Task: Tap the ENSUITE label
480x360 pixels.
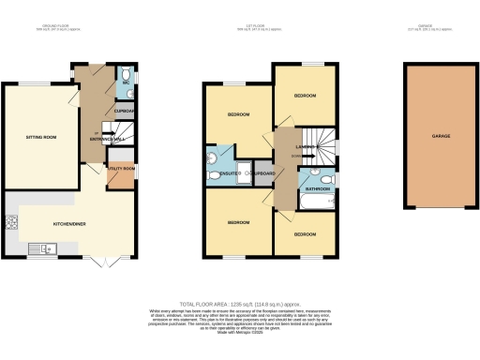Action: (x=228, y=173)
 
